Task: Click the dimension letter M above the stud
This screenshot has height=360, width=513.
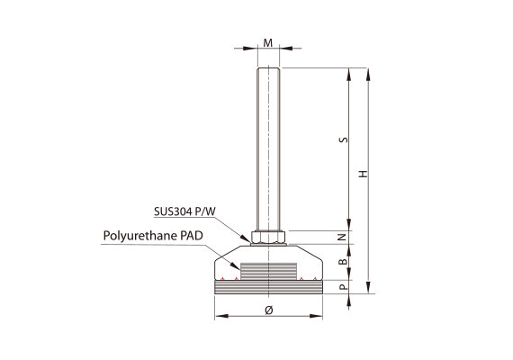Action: click(268, 43)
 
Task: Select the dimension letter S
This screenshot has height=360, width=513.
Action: click(343, 139)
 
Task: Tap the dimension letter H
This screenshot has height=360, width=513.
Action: click(364, 174)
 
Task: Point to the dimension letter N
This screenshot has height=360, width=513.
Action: click(342, 237)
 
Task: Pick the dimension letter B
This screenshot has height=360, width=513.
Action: click(342, 262)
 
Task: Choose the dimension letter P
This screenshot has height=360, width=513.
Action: click(342, 287)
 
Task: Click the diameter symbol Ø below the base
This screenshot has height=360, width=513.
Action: click(268, 310)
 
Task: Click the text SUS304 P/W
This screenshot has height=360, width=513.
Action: click(184, 211)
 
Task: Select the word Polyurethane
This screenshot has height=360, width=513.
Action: click(140, 236)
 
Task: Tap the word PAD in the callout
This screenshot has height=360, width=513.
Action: click(192, 236)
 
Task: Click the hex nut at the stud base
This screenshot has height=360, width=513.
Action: click(268, 237)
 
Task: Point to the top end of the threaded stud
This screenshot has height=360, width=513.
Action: click(268, 68)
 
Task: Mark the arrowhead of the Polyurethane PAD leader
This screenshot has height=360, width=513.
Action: click(235, 265)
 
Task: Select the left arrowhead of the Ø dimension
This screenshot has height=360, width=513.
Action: click(221, 316)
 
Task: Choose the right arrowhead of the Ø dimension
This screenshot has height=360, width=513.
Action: click(316, 316)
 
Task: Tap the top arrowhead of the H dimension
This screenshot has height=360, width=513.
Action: click(368, 75)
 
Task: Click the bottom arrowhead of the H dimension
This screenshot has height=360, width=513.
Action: click(368, 287)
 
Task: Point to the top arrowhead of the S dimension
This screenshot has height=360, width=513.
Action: click(349, 75)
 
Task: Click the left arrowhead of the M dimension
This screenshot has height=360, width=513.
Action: click(250, 49)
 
